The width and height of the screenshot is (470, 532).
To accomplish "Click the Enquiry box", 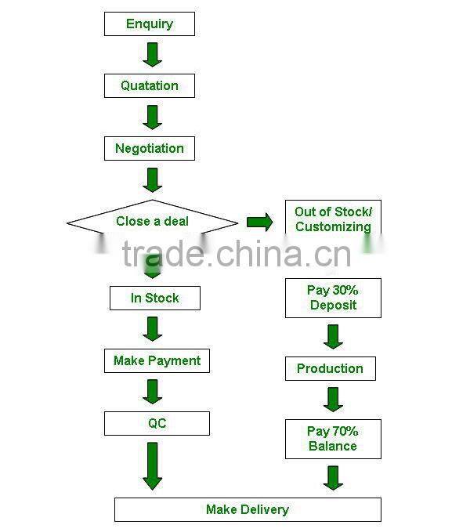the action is point(149,24).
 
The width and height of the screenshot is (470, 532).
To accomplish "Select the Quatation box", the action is point(149,86).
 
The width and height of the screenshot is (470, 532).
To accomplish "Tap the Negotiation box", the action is point(149,149).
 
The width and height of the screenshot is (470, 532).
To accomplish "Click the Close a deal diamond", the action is point(152,222).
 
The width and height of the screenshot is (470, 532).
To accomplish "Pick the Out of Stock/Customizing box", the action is point(333,219).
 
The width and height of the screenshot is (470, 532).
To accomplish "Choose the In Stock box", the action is point(154,298).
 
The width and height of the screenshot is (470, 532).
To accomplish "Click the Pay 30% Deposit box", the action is point(333,298).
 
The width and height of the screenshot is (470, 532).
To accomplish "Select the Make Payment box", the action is point(157,360).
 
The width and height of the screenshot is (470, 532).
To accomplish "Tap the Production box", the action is point(330,368).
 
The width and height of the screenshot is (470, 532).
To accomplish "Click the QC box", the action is point(157,423).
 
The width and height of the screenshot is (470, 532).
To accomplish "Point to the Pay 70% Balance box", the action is point(333,439).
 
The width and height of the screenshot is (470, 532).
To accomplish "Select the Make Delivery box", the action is point(248,509).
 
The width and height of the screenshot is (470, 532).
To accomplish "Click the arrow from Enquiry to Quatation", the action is point(153,54).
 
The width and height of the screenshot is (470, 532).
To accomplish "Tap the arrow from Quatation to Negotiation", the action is point(153,117).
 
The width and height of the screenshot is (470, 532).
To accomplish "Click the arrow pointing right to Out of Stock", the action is point(259,222).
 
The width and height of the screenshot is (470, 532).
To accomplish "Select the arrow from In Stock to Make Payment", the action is point(153,328).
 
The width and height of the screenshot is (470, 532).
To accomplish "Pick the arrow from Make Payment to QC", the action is point(153,391).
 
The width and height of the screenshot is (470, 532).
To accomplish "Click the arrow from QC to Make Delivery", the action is point(153,465).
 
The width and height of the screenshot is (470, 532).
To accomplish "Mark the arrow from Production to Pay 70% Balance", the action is point(334,399).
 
